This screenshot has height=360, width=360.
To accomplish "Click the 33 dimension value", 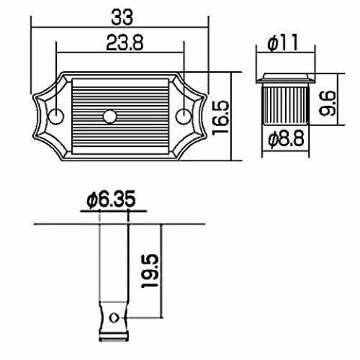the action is tap(122, 17).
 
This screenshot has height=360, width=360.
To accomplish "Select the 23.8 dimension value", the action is tap(125, 42).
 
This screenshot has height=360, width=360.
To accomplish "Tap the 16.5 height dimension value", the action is tap(221, 117).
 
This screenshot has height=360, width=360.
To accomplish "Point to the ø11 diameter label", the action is tap(283, 42).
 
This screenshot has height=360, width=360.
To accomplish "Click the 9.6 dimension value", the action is tap(328, 104).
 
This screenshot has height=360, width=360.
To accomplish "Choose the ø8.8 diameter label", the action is tap(286, 139).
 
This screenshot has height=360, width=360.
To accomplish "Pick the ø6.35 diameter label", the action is tap(111, 199).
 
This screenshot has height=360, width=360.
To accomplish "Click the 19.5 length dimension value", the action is tap(150, 271).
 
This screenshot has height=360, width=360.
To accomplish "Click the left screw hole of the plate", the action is tap(56, 117).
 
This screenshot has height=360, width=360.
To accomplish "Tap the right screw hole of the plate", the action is tap(184, 117).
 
